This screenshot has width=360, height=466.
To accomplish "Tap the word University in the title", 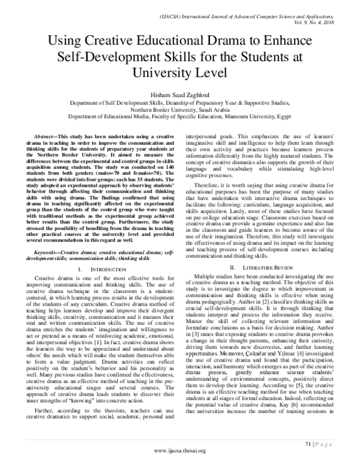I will tap(180, 74).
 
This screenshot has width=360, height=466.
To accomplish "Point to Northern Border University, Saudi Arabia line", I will tap(180, 110).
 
